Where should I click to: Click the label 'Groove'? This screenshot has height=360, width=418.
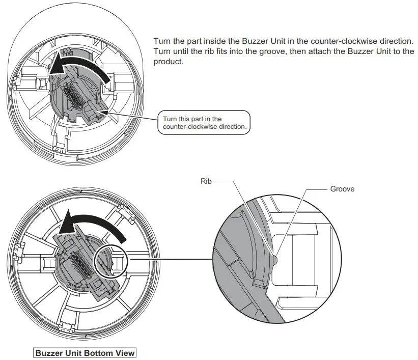pyautogui.click(x=342, y=188)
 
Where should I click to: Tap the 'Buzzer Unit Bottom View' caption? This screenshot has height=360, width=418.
pyautogui.click(x=85, y=353)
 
